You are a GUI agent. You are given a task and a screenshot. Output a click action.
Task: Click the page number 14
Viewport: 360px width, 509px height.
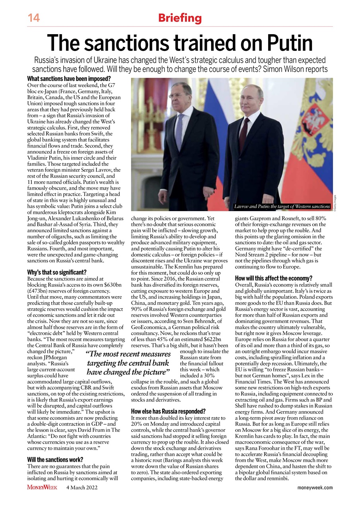pos(33,18)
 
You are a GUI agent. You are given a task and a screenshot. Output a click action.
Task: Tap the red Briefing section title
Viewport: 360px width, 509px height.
pos(180,18)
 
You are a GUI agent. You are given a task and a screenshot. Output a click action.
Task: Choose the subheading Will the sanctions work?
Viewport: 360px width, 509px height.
pos(55,460)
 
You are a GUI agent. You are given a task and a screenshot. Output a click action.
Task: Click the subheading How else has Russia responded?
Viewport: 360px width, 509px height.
pos(168,411)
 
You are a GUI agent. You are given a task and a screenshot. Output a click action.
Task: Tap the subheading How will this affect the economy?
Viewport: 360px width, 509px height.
pos(274,278)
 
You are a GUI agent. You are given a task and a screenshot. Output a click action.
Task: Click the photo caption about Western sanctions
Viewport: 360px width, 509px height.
pos(282,206)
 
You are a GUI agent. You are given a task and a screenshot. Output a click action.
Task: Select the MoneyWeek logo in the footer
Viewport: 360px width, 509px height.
pos(42,488)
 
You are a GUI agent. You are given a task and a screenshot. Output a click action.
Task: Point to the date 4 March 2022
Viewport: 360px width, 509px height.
pos(82,488)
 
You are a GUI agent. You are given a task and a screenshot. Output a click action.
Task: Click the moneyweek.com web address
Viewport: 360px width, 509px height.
pos(315,488)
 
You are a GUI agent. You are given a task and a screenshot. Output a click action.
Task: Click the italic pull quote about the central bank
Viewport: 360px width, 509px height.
pos(128,363)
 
